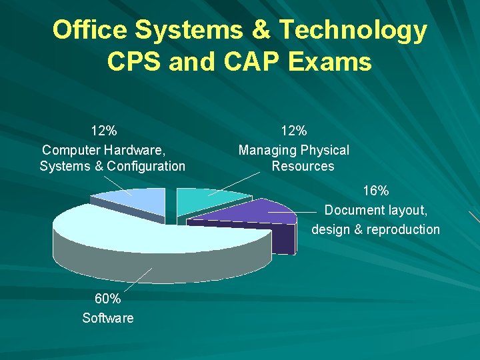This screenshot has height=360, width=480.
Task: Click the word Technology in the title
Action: point(353,30)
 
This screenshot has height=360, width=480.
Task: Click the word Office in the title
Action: point(89,30)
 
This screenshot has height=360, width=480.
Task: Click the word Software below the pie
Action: point(107,318)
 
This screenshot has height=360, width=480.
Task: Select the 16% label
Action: point(376,191)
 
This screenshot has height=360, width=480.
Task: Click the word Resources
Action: point(303,166)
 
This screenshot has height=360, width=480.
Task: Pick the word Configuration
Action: point(145,166)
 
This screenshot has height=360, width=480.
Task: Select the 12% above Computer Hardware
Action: point(104,130)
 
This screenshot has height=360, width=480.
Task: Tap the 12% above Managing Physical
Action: point(293,130)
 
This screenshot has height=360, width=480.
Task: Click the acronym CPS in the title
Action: point(133,62)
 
